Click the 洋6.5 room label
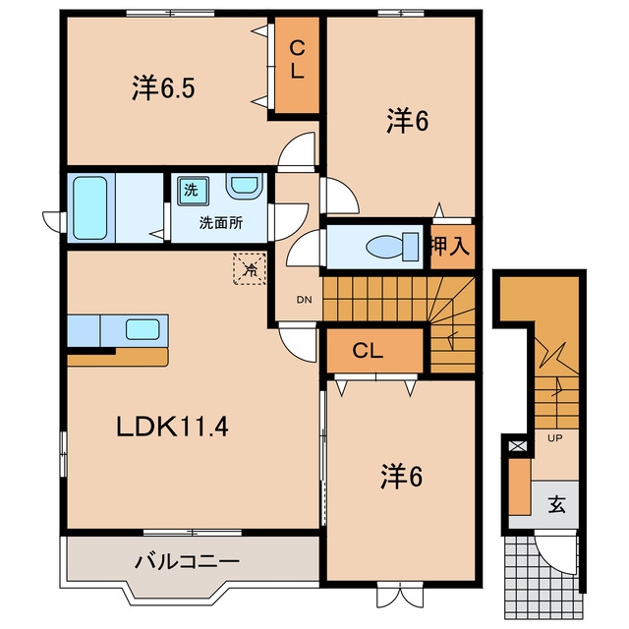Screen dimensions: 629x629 coord(163,88)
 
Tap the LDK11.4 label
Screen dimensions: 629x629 coord(173,427)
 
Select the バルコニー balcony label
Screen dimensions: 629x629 coord(187,561)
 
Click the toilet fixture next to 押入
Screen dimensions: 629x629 coord(392,246)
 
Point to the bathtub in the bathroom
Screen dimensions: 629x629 coord(90,208)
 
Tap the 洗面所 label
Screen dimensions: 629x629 coord(221,223)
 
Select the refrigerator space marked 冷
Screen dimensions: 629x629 coord(250,268)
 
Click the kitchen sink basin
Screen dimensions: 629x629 coord(143,329)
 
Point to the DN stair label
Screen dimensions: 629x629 coord(304,300)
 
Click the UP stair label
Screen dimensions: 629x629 coord(554,438)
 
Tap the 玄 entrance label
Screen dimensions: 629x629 coord(556,504)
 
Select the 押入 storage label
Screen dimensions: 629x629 coord(450,246)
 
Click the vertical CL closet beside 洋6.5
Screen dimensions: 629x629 coord(297,64)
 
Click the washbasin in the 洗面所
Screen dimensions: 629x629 coord(245,187)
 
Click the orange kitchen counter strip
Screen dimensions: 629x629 coord(118,357)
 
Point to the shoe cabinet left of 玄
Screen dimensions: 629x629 coord(520,486)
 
